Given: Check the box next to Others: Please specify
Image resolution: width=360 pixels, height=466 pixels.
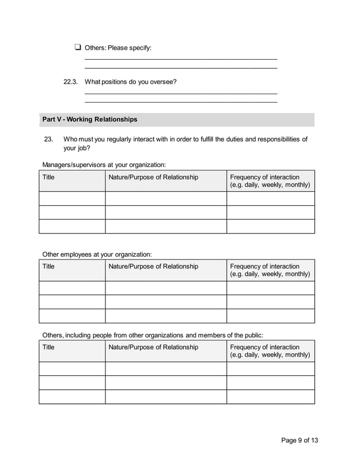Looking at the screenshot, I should click(77, 47).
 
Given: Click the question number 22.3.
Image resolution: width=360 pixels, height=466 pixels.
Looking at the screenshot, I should click(70, 82).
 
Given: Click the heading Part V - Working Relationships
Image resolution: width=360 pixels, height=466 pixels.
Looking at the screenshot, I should click(90, 120).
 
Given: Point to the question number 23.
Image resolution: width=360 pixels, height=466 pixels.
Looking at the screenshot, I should click(48, 139).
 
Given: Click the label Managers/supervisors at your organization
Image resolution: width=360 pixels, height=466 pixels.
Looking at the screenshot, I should click(104, 165).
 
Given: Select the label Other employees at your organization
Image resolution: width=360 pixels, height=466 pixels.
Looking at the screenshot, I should click(97, 254).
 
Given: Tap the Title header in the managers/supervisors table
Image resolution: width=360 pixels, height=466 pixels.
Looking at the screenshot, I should click(49, 177).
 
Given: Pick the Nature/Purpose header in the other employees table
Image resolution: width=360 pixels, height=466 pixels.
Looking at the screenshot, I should click(153, 266).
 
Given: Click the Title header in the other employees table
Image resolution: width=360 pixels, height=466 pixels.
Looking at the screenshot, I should click(49, 266).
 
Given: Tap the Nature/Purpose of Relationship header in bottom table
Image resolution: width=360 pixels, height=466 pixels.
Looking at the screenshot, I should click(153, 347).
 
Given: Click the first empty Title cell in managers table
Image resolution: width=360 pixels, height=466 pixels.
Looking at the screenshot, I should click(72, 199).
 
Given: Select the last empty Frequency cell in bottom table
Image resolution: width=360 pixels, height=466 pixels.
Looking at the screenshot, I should click(270, 397).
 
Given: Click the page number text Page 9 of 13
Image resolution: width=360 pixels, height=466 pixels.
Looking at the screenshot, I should click(304, 441).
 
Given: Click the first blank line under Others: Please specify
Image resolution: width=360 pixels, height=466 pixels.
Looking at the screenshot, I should click(181, 59).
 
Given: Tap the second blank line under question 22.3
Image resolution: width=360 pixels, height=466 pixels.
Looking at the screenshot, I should click(181, 102).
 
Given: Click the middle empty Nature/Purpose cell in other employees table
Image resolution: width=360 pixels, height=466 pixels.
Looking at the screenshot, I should click(165, 302).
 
